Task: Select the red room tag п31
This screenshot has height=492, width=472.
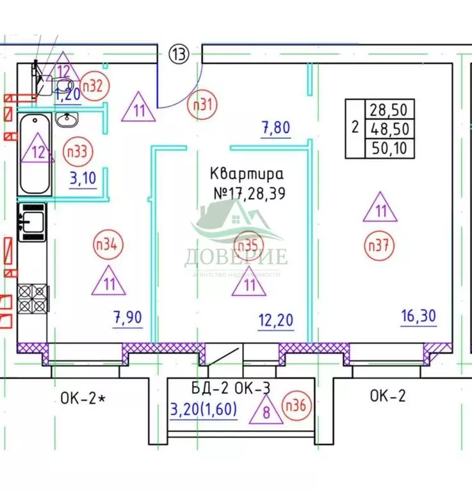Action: (x=202, y=106)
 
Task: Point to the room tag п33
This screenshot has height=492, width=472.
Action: (x=79, y=152)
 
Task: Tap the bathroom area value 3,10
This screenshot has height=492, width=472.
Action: (x=83, y=177)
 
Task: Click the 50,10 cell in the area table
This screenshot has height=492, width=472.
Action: (x=389, y=149)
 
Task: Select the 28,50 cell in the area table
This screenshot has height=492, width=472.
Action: (x=389, y=108)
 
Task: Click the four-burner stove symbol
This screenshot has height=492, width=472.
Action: (x=32, y=298)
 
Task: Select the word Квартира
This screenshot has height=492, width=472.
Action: (x=246, y=173)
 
